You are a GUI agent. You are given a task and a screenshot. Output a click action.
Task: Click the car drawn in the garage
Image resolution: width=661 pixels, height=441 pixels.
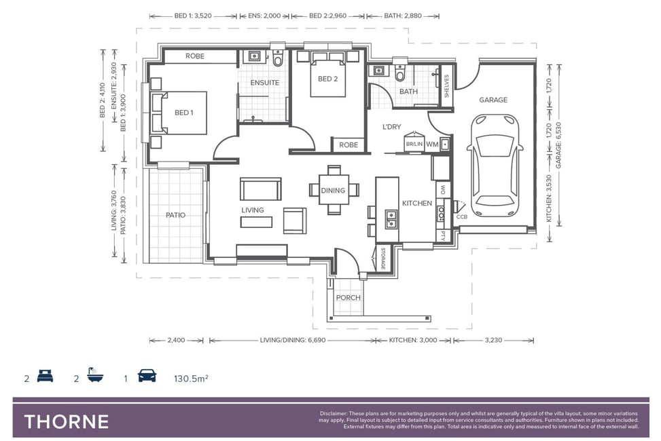pyautogui.click(x=495, y=166)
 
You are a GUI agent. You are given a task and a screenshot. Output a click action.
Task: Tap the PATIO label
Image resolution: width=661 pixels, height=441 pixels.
pyautogui.click(x=175, y=215)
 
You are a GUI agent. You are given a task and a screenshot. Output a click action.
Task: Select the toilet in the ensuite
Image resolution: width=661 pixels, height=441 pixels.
pyautogui.click(x=277, y=59)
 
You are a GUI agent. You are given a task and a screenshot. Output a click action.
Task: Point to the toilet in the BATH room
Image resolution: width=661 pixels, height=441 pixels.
pyautogui.click(x=399, y=73)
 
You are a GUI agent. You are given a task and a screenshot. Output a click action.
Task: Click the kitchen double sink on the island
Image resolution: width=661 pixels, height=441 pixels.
pyautogui.click(x=391, y=219)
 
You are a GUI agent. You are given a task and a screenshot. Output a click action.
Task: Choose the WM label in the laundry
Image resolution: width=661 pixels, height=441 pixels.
pyautogui.click(x=432, y=144)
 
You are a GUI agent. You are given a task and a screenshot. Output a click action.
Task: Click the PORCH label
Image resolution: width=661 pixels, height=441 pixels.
pyautogui.click(x=349, y=298)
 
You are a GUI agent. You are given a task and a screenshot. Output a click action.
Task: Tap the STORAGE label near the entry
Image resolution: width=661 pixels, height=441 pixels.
pyautogui.click(x=382, y=258)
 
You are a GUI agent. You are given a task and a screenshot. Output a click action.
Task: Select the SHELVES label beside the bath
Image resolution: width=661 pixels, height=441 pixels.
pyautogui.click(x=446, y=86)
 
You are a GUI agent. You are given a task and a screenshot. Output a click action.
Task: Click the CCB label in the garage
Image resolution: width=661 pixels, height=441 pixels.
pyautogui.click(x=461, y=217)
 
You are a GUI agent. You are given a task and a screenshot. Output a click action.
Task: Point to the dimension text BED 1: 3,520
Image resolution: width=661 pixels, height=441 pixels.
pyautogui.click(x=193, y=16)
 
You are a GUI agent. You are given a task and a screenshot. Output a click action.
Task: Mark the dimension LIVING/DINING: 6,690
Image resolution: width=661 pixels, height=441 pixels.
pyautogui.click(x=293, y=341)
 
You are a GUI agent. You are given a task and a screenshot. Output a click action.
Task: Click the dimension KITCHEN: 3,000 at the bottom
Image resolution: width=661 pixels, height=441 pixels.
pyautogui.click(x=413, y=341)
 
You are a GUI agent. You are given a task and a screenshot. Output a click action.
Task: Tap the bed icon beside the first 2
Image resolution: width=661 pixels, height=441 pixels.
pyautogui.click(x=45, y=375)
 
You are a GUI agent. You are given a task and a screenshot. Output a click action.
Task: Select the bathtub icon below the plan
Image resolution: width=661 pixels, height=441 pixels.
pyautogui.click(x=96, y=375)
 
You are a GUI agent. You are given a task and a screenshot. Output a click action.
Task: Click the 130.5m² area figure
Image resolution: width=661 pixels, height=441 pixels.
pyautogui.click(x=191, y=378)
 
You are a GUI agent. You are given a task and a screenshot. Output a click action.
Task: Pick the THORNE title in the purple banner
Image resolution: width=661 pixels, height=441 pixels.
pyautogui.click(x=67, y=421)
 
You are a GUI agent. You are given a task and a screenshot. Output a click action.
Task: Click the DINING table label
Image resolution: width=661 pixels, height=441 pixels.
pyautogui.click(x=333, y=191)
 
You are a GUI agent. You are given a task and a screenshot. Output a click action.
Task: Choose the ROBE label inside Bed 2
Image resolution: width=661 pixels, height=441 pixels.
pyautogui.click(x=349, y=145)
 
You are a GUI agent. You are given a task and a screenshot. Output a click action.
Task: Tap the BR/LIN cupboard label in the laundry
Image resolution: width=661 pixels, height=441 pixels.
pyautogui.click(x=414, y=144)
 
